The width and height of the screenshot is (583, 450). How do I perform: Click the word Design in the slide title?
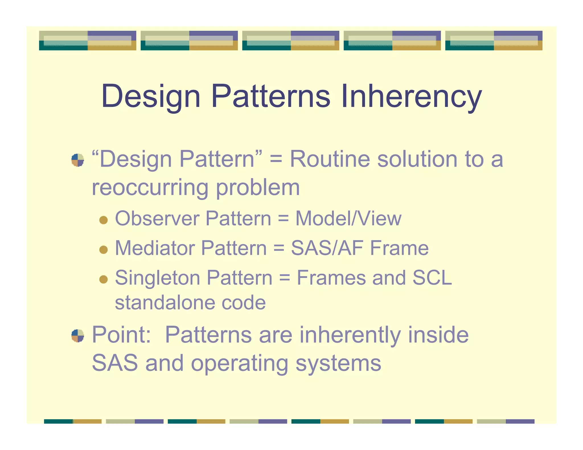point(151,97)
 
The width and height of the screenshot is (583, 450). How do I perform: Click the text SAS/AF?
point(327,248)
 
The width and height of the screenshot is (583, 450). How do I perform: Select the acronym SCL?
point(432,278)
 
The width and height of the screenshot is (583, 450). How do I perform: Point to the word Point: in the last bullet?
point(121,335)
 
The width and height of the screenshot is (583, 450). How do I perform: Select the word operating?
point(239,364)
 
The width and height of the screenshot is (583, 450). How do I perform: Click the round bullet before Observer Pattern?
point(103,220)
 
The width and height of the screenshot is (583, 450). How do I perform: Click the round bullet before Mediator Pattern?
point(103,250)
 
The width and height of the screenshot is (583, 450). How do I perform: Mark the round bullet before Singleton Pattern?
point(103,279)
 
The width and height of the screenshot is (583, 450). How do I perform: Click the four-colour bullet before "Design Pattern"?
point(78,160)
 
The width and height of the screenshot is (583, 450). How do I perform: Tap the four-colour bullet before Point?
point(78,336)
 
